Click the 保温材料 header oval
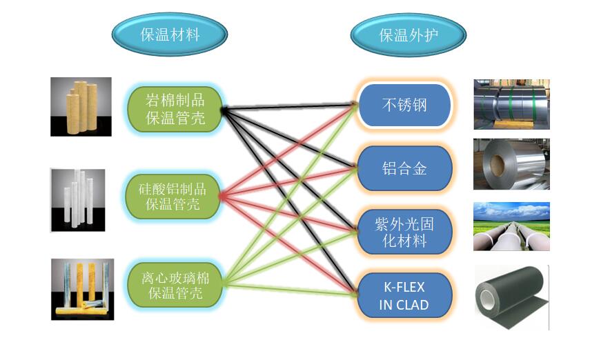pos(170,34)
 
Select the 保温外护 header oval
pos(409,34)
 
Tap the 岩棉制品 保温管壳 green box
pos(176,108)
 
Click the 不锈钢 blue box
pos(404,106)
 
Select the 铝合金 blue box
pos(404,168)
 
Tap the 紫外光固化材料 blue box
pos(404,232)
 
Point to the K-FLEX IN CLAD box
pos(404,294)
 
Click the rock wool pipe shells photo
pos(81,106)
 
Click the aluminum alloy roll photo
pos(511,164)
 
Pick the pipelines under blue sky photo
pos(511,226)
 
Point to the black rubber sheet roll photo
pos(511,297)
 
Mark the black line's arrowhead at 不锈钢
pos(354,105)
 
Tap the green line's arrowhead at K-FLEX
pos(354,295)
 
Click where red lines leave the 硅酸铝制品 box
pos(221,196)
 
